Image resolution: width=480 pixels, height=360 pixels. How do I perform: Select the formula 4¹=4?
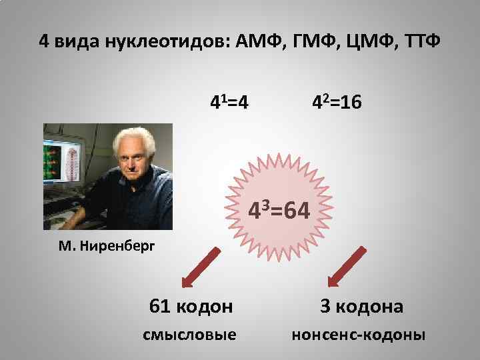click(x=230, y=103)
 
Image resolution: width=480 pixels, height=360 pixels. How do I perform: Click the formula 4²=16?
click(x=337, y=103)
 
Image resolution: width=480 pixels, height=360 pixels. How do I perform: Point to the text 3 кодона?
click(x=361, y=306)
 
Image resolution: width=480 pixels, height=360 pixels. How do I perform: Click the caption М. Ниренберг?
click(x=106, y=246)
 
